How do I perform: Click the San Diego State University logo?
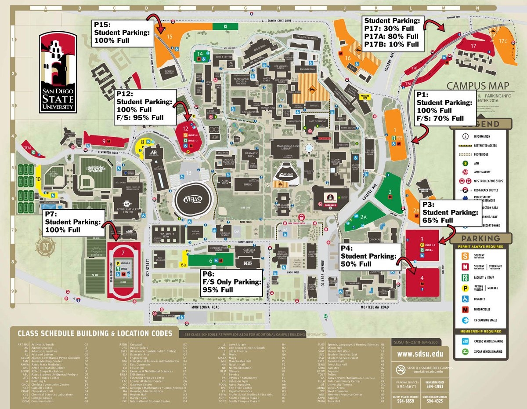[x=58, y=72]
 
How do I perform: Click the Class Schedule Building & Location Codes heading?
[x=94, y=333]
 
